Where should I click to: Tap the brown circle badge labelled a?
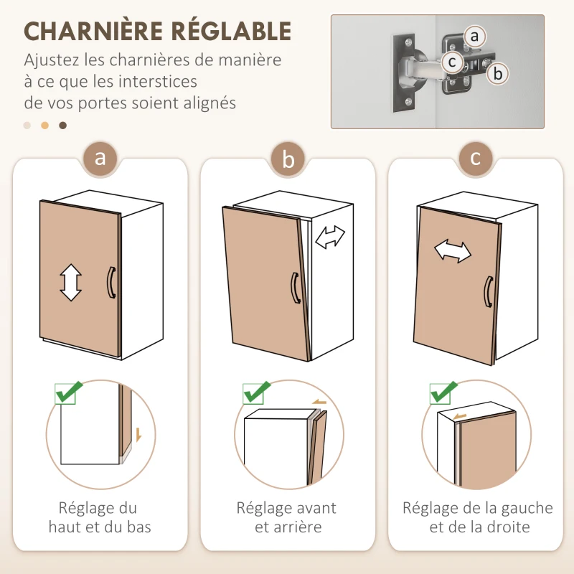point(100,157)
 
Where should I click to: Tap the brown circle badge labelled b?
point(288,159)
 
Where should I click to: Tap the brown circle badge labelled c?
point(476,157)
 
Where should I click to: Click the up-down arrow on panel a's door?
point(70,282)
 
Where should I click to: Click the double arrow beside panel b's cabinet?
point(331,237)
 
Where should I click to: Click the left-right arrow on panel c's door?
point(453,251)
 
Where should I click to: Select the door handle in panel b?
point(294,289)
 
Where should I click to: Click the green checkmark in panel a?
point(69,392)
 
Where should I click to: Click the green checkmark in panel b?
point(256,392)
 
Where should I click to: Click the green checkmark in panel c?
point(444,392)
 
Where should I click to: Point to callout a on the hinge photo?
point(473,35)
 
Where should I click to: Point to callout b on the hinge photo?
point(499,72)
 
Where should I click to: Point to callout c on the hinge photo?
point(452,62)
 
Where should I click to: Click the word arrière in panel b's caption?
point(297,527)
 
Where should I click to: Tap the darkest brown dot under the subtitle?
point(62,126)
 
